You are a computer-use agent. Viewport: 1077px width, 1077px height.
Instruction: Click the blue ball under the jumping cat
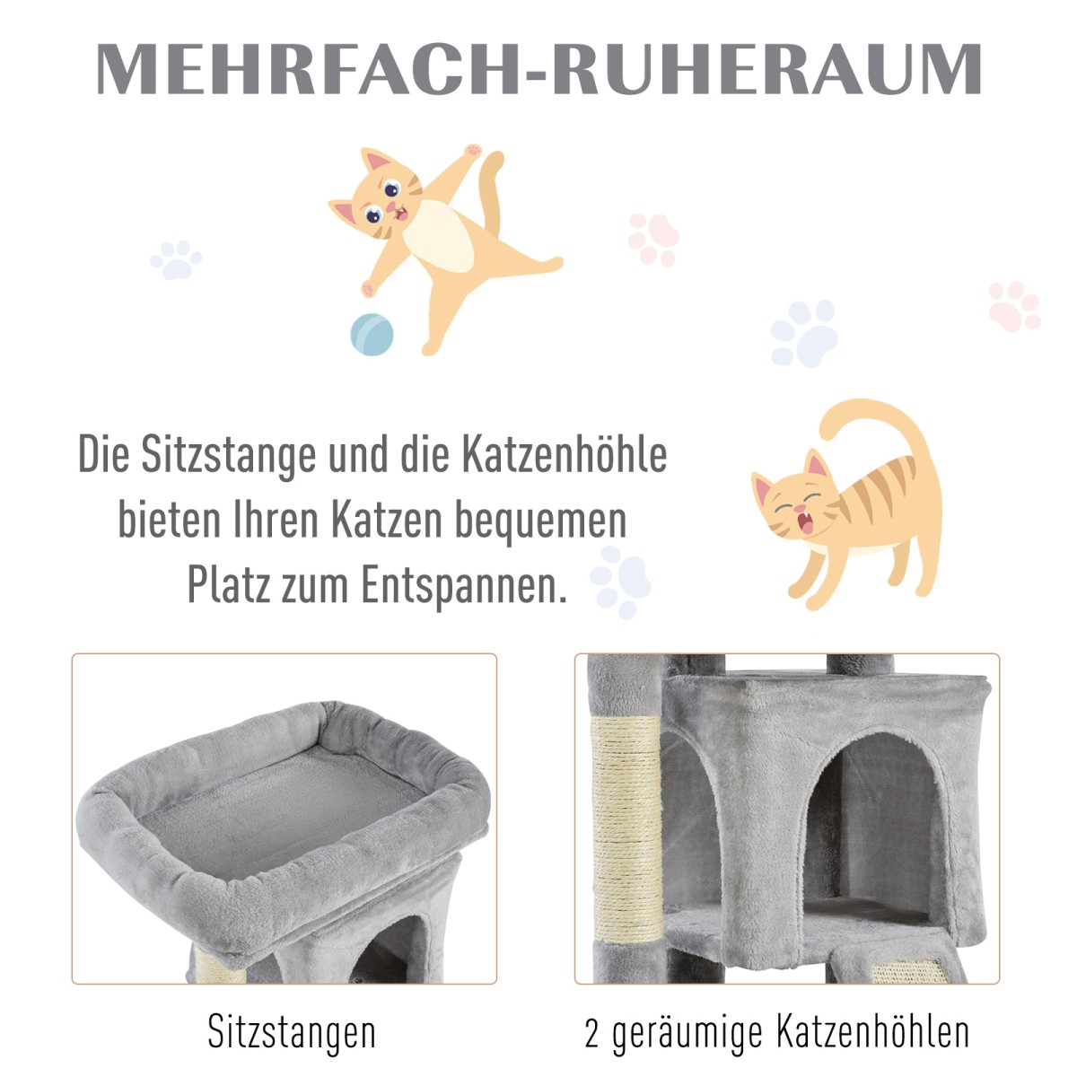pyautogui.click(x=372, y=334)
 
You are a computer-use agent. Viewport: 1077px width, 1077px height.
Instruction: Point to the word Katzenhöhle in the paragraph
pyautogui.click(x=565, y=454)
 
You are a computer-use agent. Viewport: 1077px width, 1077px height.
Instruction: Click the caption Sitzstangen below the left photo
pyautogui.click(x=291, y=1032)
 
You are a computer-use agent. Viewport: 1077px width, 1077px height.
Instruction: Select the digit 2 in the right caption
pyautogui.click(x=591, y=1033)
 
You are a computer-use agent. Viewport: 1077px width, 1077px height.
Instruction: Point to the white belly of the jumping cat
pyautogui.click(x=439, y=237)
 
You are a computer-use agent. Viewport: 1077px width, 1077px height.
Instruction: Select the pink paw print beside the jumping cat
pyautogui.click(x=652, y=240)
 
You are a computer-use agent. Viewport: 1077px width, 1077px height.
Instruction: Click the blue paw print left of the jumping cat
pyautogui.click(x=176, y=259)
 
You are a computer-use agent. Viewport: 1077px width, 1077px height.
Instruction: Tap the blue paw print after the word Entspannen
pyautogui.click(x=620, y=582)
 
